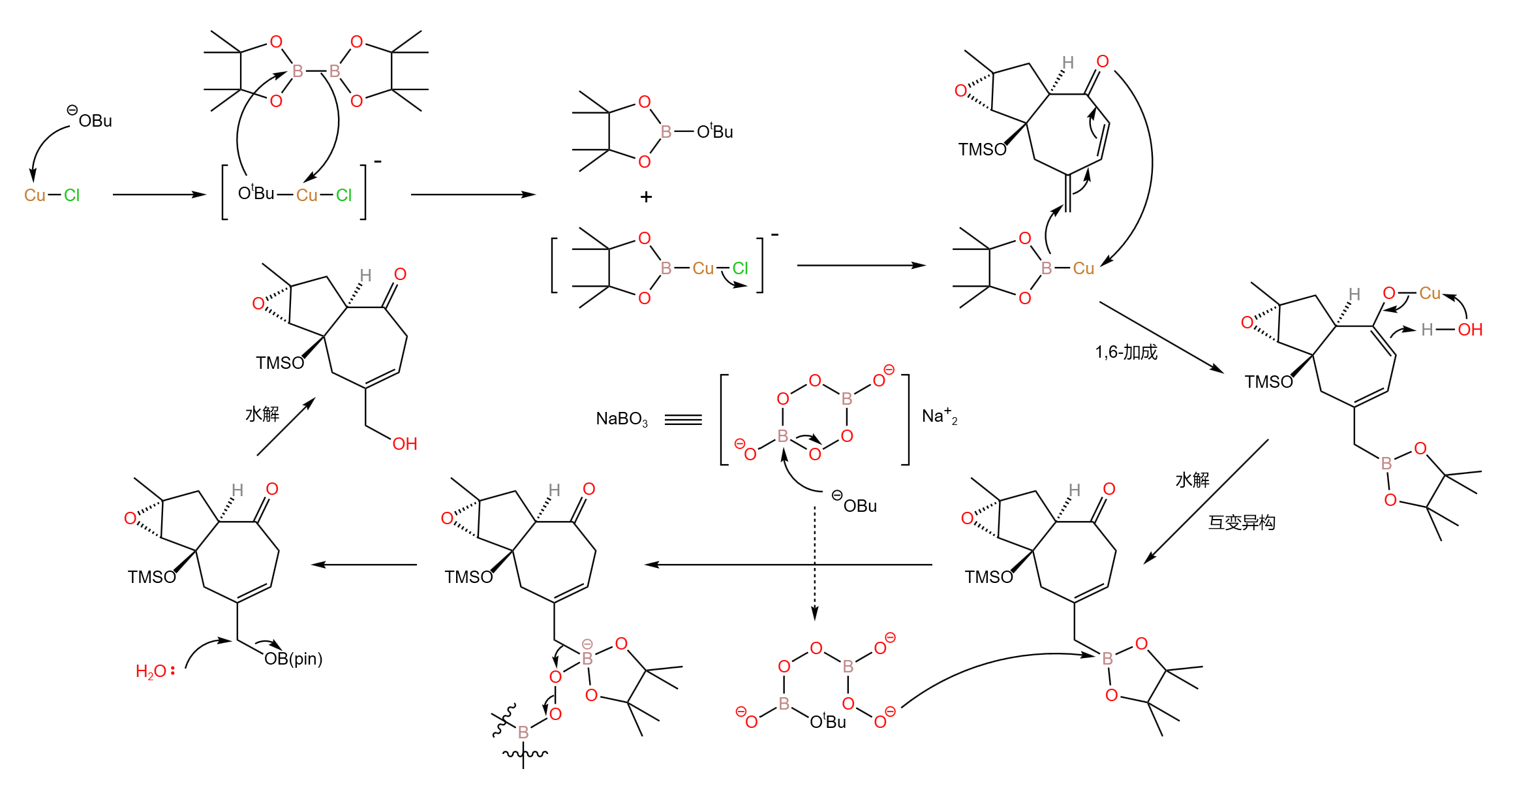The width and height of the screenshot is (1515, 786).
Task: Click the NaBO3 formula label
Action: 621,419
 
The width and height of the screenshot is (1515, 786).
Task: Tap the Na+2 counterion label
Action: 939,417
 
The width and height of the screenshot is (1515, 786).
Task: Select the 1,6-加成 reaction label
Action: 1125,353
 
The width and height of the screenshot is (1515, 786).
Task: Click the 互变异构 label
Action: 1241,522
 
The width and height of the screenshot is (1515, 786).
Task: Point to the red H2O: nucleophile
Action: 155,671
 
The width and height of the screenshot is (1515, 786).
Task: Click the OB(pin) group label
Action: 294,659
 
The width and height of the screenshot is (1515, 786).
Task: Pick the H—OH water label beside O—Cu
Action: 1452,330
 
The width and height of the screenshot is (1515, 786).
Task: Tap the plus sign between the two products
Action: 646,196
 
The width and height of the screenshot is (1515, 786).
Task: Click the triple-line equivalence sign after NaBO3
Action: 683,420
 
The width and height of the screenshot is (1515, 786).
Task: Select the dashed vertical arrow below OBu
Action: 814,561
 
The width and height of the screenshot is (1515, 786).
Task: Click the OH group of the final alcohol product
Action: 405,444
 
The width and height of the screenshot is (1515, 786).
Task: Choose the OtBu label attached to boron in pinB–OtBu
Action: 715,132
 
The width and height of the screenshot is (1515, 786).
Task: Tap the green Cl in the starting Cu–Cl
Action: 72,195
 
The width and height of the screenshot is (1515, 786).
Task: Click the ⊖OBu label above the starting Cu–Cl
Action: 91,119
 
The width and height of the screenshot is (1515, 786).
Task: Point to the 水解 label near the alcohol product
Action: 262,414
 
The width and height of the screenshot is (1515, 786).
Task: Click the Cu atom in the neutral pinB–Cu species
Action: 1083,268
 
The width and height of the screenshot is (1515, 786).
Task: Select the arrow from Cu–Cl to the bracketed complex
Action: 159,195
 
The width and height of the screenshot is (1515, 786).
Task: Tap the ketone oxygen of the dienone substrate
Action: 1103,61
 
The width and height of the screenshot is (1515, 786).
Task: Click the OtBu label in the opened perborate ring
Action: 827,721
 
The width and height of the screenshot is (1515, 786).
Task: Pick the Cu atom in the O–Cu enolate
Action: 1430,293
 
